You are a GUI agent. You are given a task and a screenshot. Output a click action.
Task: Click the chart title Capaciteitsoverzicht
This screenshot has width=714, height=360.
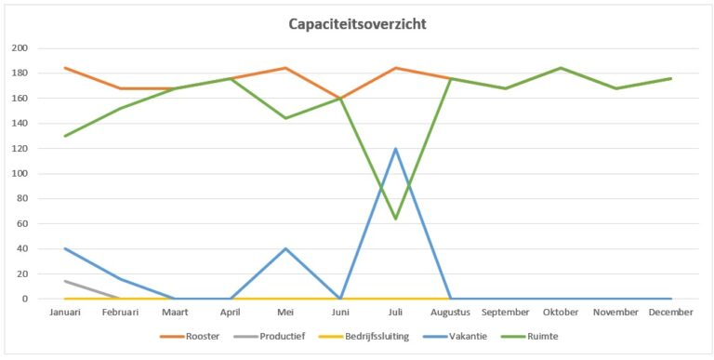[x=357, y=24]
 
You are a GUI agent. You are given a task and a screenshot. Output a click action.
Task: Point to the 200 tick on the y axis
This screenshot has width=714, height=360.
[x=20, y=48]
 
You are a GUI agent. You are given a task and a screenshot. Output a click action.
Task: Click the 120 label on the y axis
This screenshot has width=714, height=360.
[x=20, y=149]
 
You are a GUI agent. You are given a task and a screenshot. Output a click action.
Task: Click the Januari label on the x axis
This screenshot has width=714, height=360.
[x=65, y=313]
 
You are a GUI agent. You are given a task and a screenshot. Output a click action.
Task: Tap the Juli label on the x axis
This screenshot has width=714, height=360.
[x=395, y=313]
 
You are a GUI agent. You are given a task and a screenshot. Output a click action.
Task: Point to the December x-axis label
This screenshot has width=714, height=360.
[x=670, y=313]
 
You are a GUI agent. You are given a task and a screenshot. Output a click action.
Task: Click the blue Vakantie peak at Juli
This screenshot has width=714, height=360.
[x=395, y=149]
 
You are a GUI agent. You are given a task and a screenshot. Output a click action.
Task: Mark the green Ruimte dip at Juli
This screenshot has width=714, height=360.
[x=395, y=219]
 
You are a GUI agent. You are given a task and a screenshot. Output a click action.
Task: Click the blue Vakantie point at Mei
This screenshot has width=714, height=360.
[x=285, y=248]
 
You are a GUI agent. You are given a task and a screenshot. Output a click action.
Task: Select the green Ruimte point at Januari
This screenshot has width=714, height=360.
[x=65, y=136]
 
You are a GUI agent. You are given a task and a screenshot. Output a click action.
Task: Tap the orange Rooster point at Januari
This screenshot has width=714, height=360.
[x=65, y=68]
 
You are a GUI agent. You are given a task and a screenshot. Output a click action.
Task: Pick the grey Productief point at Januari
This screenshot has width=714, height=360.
[x=65, y=281]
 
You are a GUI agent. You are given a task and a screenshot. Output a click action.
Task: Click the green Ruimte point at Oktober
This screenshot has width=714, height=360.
[x=561, y=68]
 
